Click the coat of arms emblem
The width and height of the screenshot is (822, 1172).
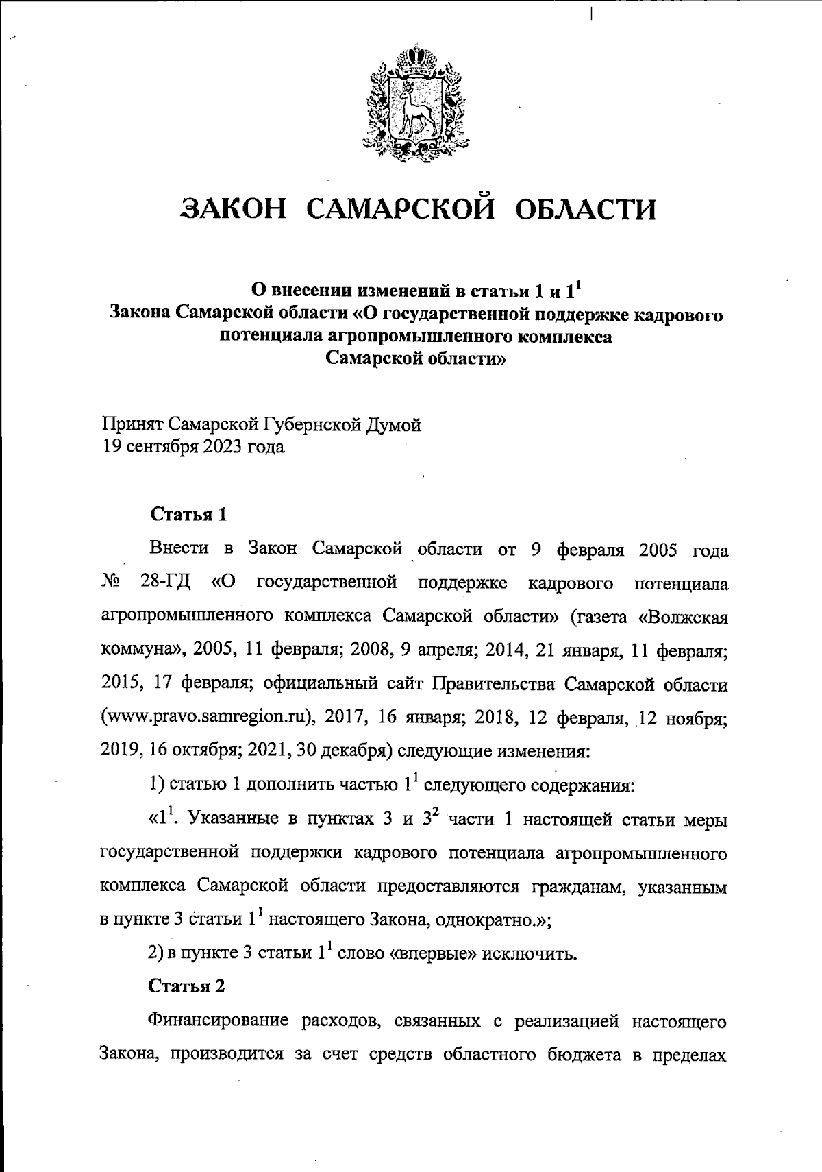412,103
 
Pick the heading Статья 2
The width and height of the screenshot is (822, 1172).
187,986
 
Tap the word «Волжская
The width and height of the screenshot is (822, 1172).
682,616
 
